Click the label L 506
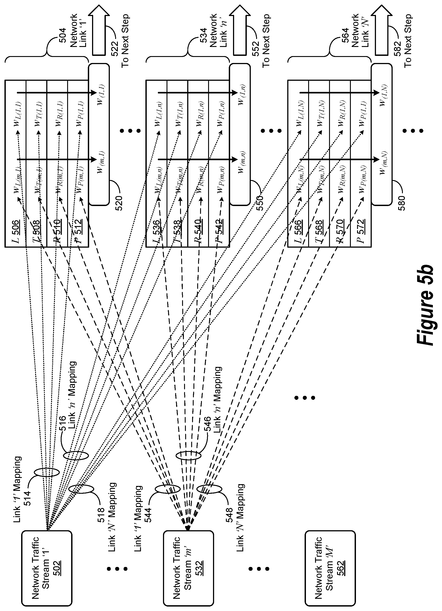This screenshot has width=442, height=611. (16, 232)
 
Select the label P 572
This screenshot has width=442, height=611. (361, 232)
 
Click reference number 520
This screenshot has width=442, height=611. (119, 204)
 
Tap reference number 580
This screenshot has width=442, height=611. (401, 204)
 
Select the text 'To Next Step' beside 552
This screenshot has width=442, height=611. (266, 40)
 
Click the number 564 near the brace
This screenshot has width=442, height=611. (345, 35)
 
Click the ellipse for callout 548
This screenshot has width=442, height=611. (209, 489)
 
